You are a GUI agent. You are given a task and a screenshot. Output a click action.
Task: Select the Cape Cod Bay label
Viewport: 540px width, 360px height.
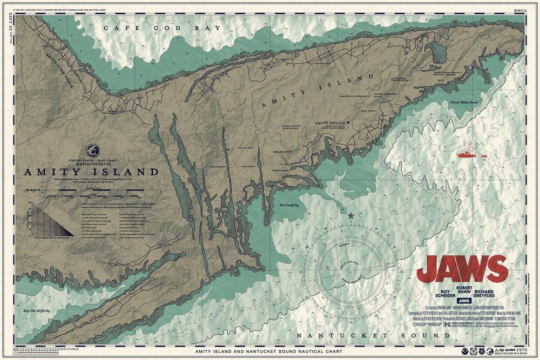coord(163,28)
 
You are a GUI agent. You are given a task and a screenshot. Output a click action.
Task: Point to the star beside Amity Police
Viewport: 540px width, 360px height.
coord(349,123)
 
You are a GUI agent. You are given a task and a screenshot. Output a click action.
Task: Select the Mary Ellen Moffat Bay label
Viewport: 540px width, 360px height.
coord(37,311)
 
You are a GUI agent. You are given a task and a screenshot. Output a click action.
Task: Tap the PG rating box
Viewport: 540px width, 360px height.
coord(447,325)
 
